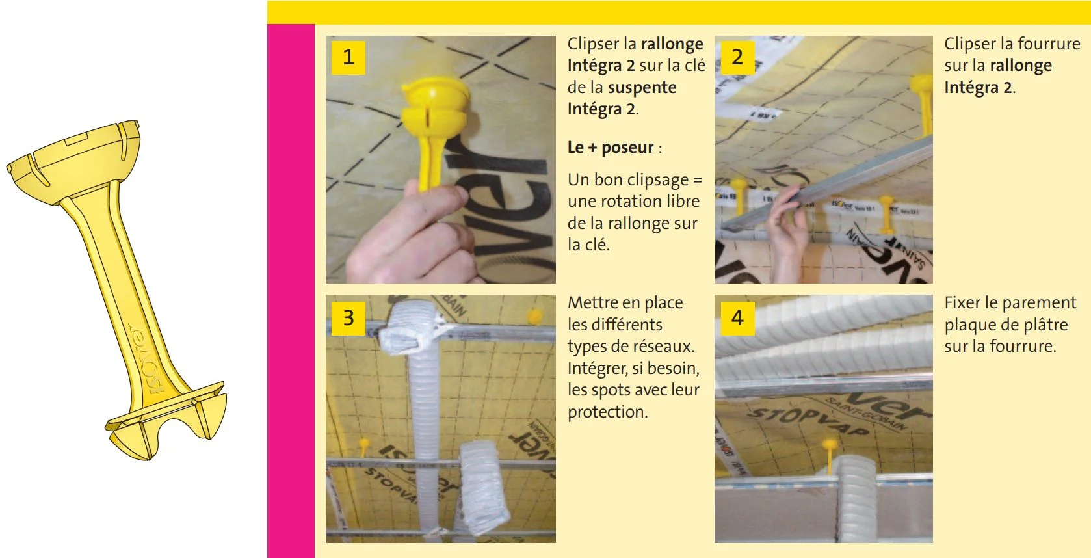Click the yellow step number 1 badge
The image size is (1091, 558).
click(x=348, y=57)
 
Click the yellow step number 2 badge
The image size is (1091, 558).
click(x=737, y=57)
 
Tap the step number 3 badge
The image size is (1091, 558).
click(x=348, y=317)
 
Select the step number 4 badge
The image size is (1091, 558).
click(x=737, y=317)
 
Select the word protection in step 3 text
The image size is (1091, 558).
click(x=607, y=412)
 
